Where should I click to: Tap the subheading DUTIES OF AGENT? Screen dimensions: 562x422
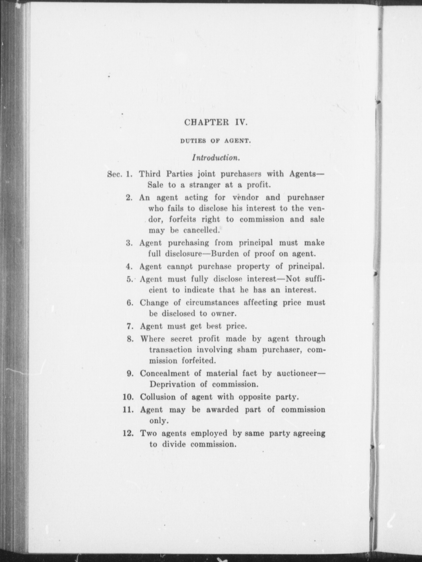click(215, 141)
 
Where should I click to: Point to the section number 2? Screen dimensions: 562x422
click(129, 198)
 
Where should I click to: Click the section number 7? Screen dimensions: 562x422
click(129, 326)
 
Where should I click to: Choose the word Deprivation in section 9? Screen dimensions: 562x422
click(172, 384)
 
